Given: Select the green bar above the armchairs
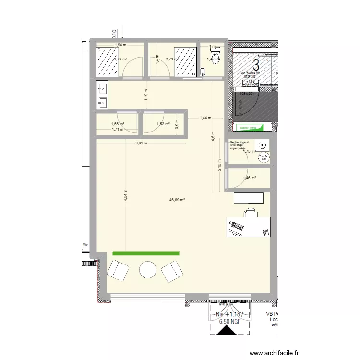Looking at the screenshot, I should click(x=145, y=253).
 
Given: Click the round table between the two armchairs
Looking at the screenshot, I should click(x=148, y=270).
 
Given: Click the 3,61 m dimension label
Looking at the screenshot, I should click(x=141, y=143).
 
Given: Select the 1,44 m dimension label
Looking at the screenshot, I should click(x=205, y=118).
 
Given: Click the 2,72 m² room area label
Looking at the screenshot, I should click(x=120, y=60).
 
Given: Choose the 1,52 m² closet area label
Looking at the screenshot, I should click(x=164, y=124).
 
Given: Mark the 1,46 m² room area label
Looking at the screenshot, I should click(x=249, y=178).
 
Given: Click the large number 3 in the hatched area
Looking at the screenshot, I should click(x=256, y=63).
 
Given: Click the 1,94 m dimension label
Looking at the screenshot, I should click(x=120, y=45).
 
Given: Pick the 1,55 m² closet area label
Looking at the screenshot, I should click(x=118, y=124).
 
